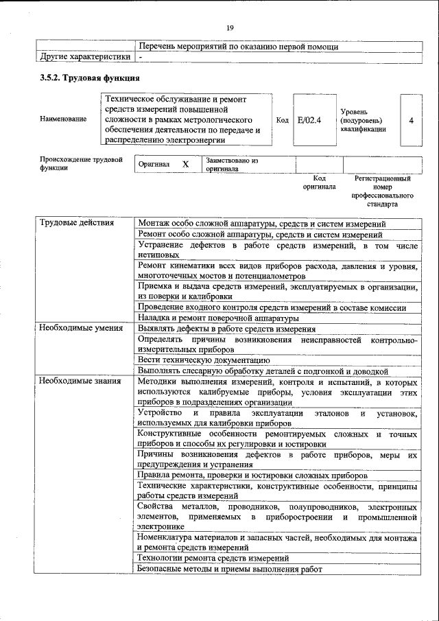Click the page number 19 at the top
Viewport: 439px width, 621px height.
point(230,27)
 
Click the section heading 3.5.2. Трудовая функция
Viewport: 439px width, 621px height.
point(91,78)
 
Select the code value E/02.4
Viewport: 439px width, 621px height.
point(310,120)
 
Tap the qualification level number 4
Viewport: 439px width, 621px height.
point(411,120)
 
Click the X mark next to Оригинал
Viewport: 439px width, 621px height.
point(185,165)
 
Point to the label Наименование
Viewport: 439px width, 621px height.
point(63,119)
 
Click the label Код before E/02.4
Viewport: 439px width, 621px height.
point(282,120)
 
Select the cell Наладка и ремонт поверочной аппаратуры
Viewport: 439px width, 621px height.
point(218,318)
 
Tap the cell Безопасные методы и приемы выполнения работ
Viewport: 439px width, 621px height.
point(229,569)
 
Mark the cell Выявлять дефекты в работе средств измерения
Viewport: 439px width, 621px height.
point(226,329)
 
